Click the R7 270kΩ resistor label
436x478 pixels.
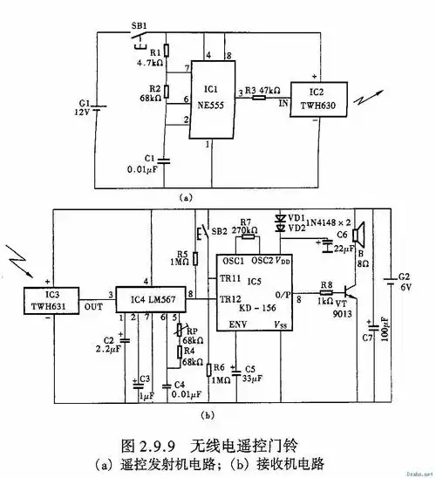(247, 223)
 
